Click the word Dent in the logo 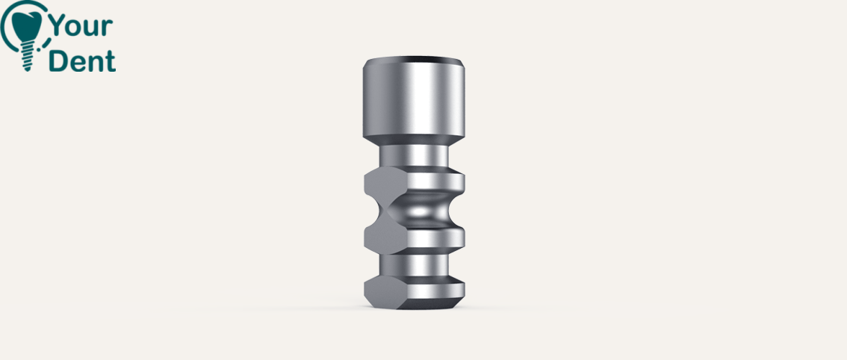tap(82, 61)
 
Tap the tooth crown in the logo tap(26, 25)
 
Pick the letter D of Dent tap(58, 61)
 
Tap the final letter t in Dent tap(111, 62)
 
